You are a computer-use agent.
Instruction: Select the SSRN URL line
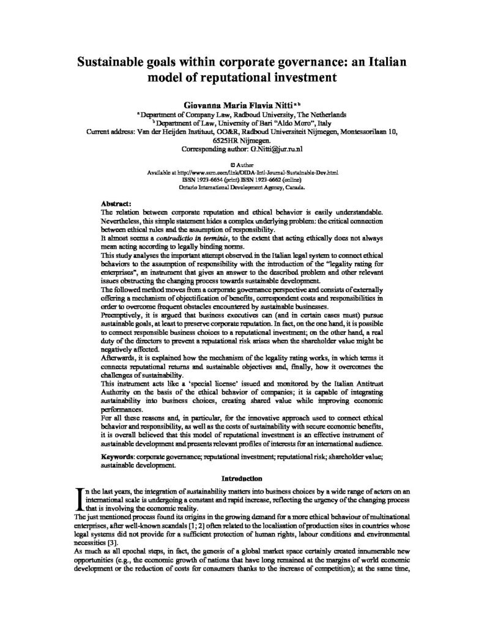click(x=243, y=173)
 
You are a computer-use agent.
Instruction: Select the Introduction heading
click(x=242, y=478)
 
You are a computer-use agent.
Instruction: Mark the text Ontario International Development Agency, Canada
click(x=243, y=187)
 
